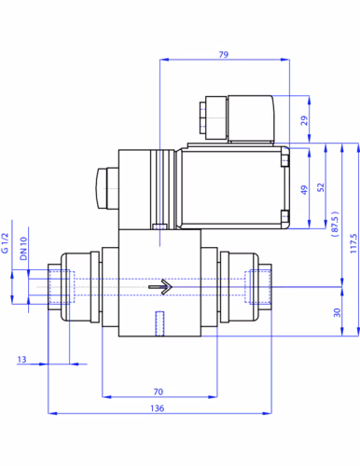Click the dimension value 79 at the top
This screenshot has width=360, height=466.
224,55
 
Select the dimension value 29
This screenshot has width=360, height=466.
304,120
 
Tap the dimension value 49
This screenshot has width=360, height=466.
304,190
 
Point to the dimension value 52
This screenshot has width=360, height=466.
321,187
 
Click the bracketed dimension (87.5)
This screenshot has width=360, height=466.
335,224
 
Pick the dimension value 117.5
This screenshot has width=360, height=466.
353,243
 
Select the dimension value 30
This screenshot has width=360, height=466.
338,312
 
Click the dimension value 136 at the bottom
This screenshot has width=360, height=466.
158,408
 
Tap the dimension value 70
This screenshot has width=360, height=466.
159,391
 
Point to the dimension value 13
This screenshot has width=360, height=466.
21,360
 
